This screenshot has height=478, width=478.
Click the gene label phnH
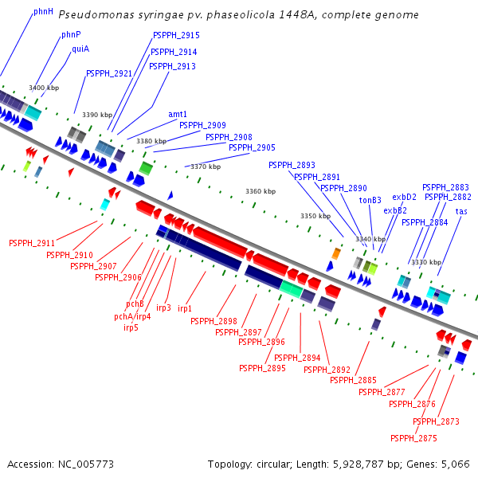click(x=43, y=13)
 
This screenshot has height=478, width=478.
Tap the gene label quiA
click(x=80, y=49)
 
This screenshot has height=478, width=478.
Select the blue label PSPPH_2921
click(x=109, y=73)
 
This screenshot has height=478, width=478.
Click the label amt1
click(x=178, y=114)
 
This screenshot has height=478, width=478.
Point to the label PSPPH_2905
click(x=252, y=147)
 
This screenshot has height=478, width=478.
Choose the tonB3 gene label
click(x=370, y=200)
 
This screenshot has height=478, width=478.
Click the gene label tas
click(x=461, y=211)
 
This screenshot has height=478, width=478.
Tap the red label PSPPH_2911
click(x=32, y=243)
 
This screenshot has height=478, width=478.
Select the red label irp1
click(x=185, y=308)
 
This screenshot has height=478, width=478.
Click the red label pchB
click(x=135, y=304)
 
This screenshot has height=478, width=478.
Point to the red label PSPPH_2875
click(x=413, y=438)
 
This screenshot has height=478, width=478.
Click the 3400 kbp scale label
click(x=43, y=88)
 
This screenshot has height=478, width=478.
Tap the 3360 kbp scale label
click(x=260, y=191)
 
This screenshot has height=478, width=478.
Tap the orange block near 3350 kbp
click(x=336, y=253)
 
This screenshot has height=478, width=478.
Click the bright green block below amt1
click(x=146, y=167)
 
